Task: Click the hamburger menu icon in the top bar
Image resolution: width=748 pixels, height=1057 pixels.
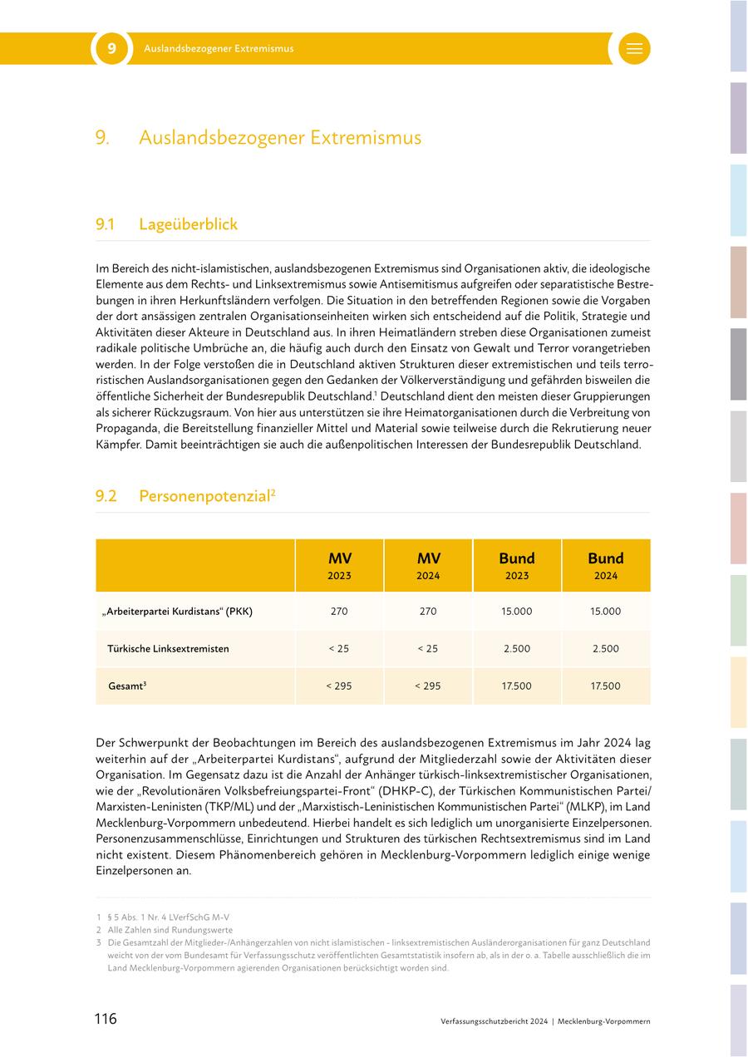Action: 634,49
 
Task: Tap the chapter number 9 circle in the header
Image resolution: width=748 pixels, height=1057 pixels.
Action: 111,49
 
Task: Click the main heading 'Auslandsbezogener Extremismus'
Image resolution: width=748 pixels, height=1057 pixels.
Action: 279,137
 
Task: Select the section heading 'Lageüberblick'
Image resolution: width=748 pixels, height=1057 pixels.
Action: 188,224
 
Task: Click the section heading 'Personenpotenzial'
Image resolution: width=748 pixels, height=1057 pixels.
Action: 204,496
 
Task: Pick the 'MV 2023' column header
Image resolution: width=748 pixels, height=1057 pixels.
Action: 339,565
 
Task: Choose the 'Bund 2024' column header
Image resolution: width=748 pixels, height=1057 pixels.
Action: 606,565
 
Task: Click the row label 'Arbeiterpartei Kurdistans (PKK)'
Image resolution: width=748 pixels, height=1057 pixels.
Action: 177,612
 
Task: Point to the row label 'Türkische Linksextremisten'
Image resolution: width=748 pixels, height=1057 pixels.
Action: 168,649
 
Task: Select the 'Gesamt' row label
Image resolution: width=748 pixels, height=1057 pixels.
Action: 127,686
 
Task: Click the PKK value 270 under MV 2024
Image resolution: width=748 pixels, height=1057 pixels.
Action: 428,612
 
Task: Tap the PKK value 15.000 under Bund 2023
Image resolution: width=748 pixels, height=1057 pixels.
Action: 517,612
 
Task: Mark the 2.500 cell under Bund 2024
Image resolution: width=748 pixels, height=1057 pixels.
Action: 606,649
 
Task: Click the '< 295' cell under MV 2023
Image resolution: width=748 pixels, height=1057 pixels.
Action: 339,686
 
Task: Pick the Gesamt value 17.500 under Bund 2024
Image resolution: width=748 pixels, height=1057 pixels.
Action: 606,686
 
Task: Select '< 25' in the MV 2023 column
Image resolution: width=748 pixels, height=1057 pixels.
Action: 339,649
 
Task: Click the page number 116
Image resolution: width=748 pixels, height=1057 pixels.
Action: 106,1019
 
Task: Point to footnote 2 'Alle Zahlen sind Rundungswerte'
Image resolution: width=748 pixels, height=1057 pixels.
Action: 170,930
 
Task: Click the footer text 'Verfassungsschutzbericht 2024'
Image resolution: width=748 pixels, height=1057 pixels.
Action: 495,1020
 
